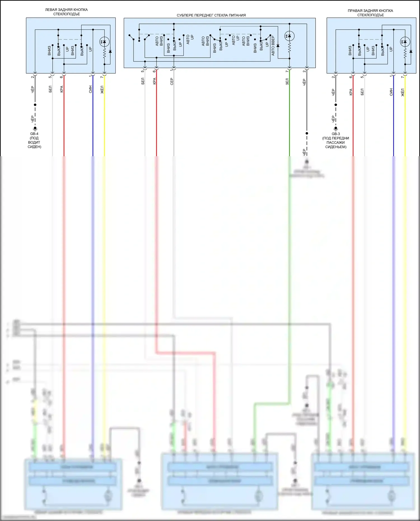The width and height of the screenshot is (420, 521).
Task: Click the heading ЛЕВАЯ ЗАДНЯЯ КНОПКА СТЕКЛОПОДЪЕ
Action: [x=66, y=12]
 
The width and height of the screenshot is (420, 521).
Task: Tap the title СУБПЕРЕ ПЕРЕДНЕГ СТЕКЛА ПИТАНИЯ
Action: [x=211, y=15]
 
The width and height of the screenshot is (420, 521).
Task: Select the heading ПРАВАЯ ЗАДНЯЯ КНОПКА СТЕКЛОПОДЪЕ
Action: [x=370, y=13]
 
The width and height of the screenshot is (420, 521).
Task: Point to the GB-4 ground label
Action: [x=34, y=134]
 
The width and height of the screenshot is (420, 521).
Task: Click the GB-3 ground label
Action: [x=336, y=134]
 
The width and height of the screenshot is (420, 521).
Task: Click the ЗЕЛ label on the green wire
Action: [x=287, y=82]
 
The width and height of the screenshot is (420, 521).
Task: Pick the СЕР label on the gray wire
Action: [x=172, y=82]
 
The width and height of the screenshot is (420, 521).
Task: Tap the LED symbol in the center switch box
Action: [x=289, y=36]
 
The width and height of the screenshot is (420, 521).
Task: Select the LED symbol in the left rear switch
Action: [x=104, y=42]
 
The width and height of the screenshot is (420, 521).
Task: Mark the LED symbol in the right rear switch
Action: [x=405, y=42]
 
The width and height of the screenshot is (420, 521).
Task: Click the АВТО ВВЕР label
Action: [x=273, y=46]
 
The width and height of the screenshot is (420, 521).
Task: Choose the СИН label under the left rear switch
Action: [x=90, y=89]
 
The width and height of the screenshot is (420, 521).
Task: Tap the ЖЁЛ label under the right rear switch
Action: [x=403, y=92]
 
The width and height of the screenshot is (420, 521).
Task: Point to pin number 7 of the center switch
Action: [x=287, y=71]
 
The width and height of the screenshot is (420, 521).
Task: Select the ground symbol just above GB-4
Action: [x=35, y=129]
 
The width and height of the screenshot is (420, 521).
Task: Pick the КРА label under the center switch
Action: [x=154, y=81]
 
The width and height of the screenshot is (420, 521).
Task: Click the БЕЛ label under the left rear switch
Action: [x=50, y=89]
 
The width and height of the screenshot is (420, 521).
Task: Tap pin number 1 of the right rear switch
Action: [x=391, y=76]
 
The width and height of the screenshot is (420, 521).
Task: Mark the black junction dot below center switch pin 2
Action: [x=307, y=133]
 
